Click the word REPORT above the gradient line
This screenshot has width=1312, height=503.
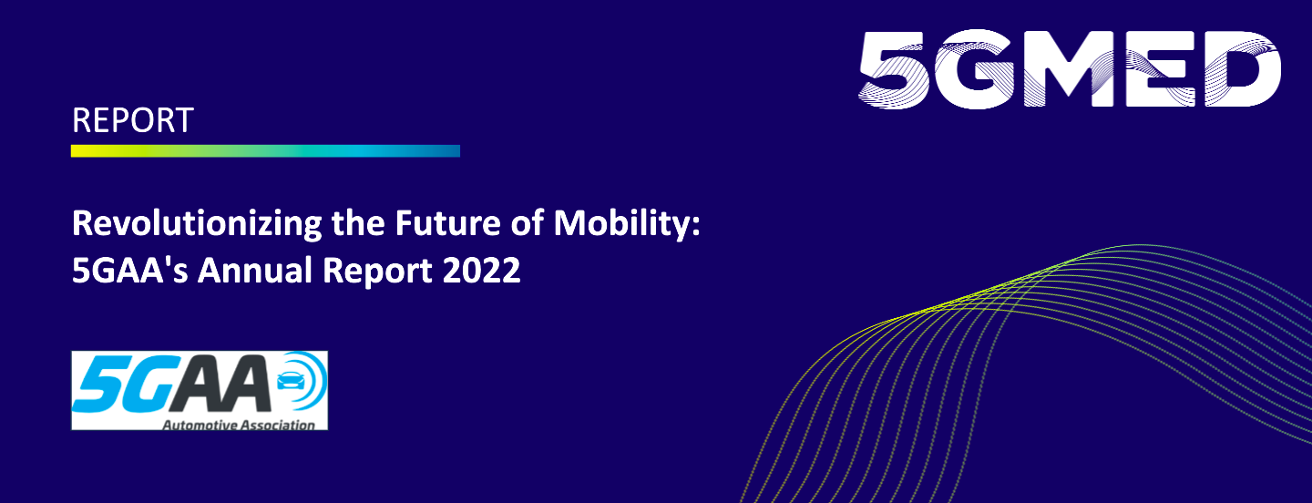(x=132, y=120)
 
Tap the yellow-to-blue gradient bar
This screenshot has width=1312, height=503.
(x=265, y=151)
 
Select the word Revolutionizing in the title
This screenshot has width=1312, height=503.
(x=197, y=224)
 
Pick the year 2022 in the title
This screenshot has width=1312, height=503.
(x=481, y=271)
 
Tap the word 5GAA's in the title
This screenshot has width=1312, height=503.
(x=130, y=271)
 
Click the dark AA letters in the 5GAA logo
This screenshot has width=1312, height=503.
(x=220, y=385)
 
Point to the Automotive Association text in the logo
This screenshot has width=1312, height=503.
(x=239, y=426)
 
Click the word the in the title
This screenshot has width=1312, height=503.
(x=358, y=223)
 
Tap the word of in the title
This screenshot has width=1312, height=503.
(x=527, y=223)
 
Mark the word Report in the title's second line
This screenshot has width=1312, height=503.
(x=377, y=272)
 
